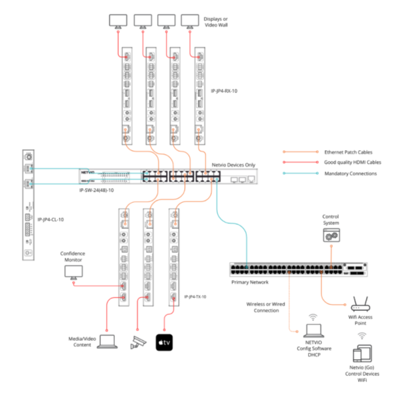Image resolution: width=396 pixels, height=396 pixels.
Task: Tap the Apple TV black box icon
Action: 164,343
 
